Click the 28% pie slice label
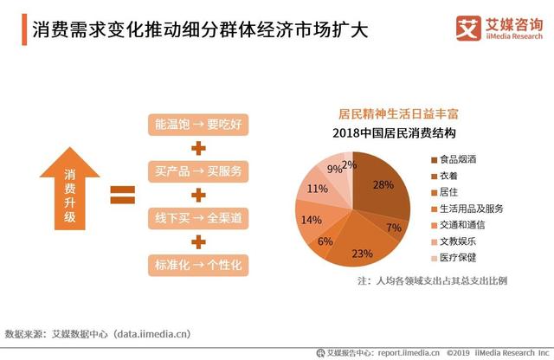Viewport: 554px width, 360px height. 383,184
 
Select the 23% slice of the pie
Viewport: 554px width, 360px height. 362,253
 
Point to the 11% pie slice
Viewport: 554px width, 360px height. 317,188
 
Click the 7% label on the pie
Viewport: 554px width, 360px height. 394,228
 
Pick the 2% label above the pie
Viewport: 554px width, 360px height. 349,164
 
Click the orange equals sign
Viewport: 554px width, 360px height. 122,194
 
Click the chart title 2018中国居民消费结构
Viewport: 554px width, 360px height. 394,132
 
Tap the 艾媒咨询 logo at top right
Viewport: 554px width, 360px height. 497,29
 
